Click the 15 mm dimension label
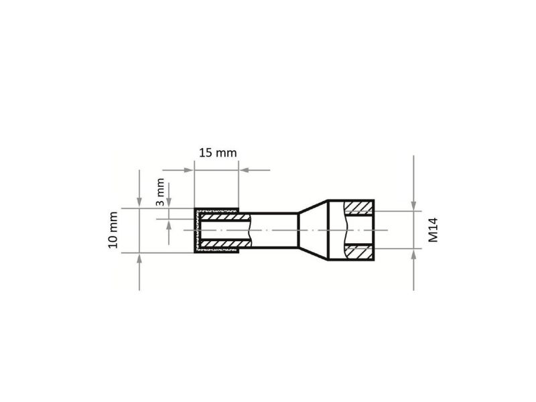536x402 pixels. click(218, 153)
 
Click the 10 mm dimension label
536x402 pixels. click(113, 230)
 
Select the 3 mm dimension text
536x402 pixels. click(160, 192)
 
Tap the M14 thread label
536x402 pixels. click(433, 230)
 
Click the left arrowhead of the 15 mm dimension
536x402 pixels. click(190, 170)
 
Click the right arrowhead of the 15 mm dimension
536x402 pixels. click(243, 170)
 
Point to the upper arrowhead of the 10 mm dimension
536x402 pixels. click(139, 203)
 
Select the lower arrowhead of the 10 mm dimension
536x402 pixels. click(139, 259)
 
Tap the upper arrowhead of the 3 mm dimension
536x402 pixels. click(169, 202)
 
